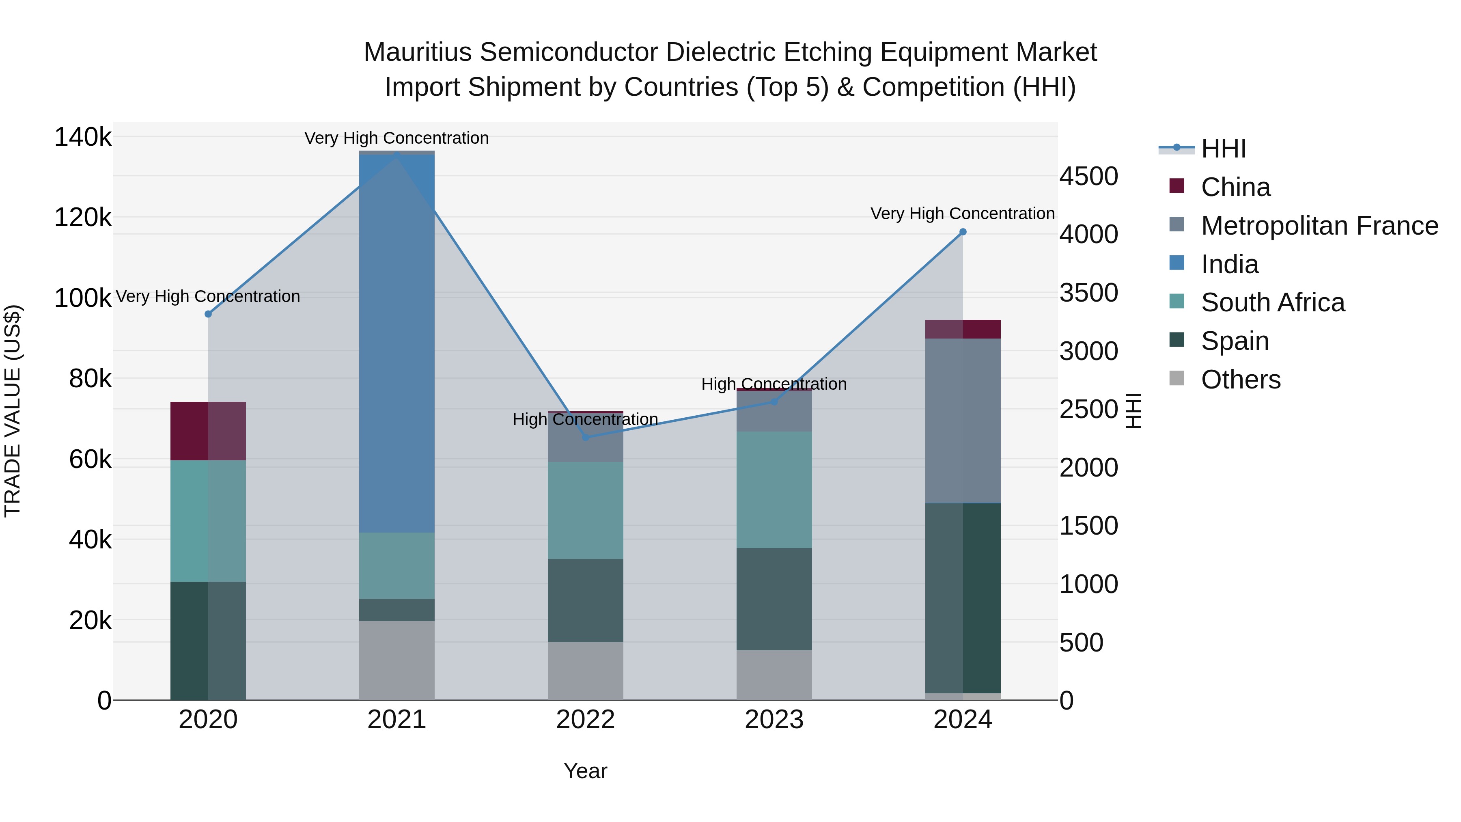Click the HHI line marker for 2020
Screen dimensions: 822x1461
(208, 314)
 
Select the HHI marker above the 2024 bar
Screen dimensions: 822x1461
(963, 232)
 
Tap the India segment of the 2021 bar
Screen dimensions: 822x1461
(396, 343)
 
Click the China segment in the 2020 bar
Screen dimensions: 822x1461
(208, 431)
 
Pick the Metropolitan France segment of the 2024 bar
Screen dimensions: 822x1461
(963, 421)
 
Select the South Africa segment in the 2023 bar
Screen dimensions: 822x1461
(774, 490)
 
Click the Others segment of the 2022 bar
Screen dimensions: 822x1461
(585, 671)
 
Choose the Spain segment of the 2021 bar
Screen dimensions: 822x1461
(396, 610)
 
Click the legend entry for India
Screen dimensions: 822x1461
(1230, 264)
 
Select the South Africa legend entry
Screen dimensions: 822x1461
(1272, 302)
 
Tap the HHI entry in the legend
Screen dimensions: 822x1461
(1223, 149)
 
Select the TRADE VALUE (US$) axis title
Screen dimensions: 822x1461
(13, 411)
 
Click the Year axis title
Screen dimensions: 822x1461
(585, 771)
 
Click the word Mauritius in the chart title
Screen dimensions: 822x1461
(418, 52)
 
